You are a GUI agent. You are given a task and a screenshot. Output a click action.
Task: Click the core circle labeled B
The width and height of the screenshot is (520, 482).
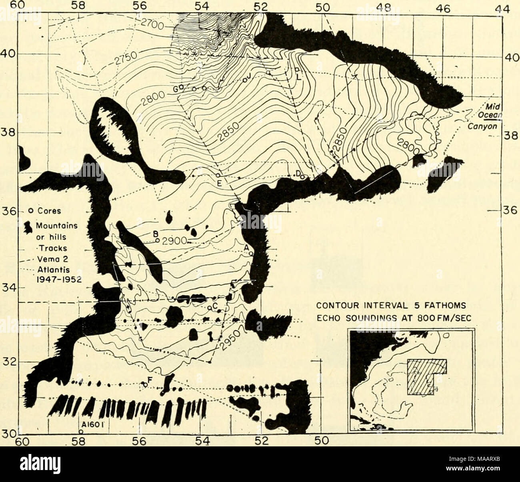[x=158, y=240]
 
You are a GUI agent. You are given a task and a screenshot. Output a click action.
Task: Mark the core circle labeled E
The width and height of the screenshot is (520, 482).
[x=218, y=175]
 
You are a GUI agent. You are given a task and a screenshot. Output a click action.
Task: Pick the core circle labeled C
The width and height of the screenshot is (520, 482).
[x=210, y=308]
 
